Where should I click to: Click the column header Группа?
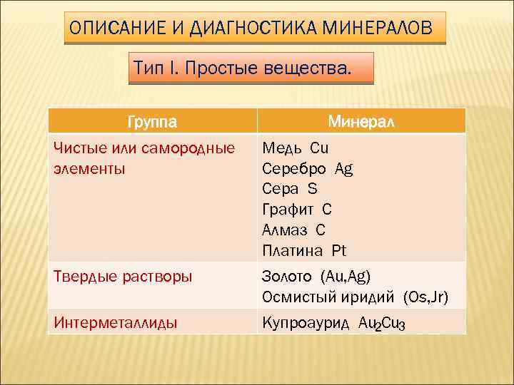pyautogui.click(x=153, y=121)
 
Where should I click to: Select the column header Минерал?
pyautogui.click(x=361, y=121)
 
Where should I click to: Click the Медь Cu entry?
pyautogui.click(x=295, y=148)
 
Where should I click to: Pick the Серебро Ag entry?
pyautogui.click(x=307, y=169)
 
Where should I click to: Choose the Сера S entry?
pyautogui.click(x=289, y=189)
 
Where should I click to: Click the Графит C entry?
pyautogui.click(x=297, y=210)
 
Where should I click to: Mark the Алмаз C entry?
pyautogui.click(x=293, y=230)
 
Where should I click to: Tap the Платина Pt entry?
pyautogui.click(x=304, y=250)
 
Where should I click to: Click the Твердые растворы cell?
pyautogui.click(x=123, y=277)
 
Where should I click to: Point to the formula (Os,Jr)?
pyautogui.click(x=425, y=297)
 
